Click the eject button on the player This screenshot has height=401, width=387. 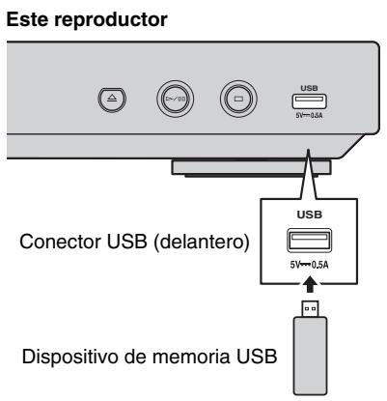[x=109, y=98]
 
